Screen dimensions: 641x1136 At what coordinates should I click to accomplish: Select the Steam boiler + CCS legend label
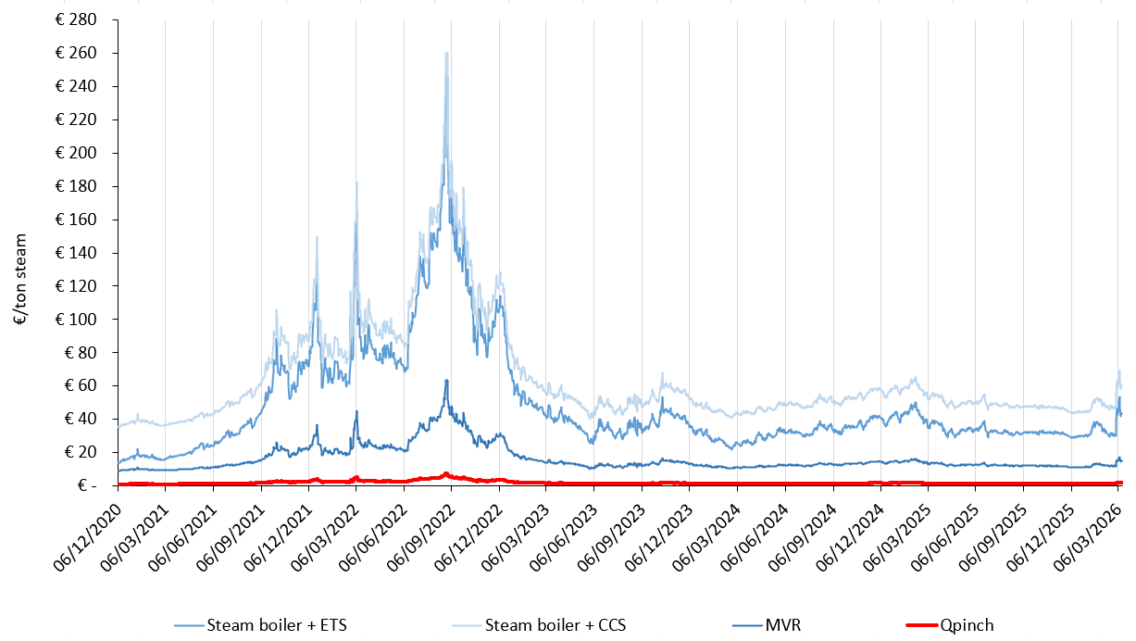coord(555,625)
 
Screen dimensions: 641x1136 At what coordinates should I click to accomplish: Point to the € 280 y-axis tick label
coord(81,20)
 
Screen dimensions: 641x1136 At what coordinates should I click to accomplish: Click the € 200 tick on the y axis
coord(81,153)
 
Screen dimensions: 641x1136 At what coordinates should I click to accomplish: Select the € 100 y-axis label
coord(81,319)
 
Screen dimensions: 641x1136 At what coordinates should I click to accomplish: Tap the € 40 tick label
coord(84,419)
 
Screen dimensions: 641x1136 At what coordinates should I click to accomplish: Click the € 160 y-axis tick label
coord(81,220)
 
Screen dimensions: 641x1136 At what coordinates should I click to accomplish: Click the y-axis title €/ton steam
coord(19,278)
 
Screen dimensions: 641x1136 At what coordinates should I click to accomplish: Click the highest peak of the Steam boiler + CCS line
coord(446,54)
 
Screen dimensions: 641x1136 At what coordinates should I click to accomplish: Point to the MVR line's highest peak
coord(446,380)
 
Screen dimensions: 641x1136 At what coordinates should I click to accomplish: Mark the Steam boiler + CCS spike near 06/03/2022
coord(356,182)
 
